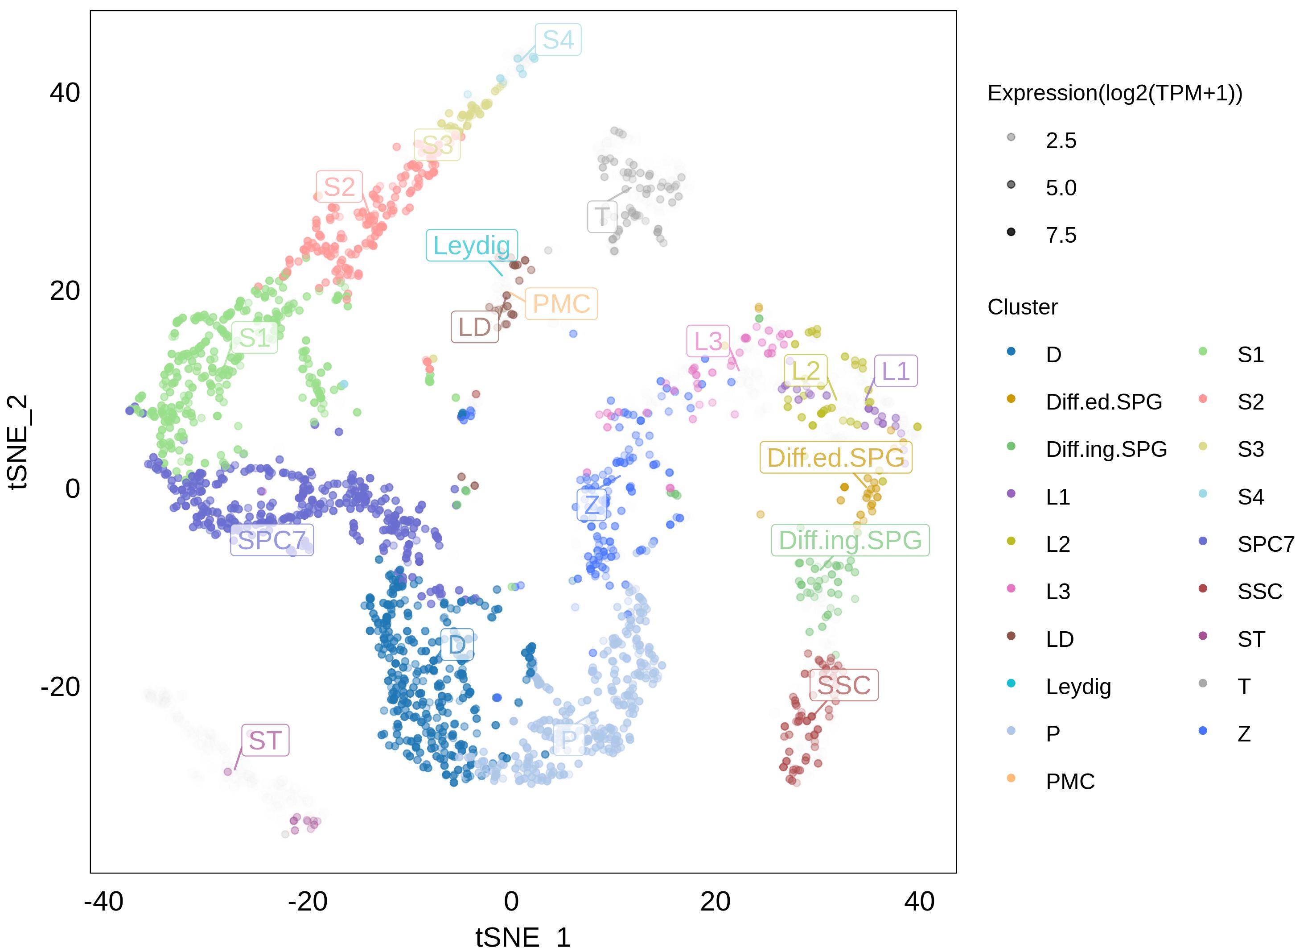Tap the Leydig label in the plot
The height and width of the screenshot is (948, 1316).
point(472,245)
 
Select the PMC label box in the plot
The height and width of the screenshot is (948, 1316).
point(561,304)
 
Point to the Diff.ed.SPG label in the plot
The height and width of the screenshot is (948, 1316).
point(835,457)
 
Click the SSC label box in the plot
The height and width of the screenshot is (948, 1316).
point(844,685)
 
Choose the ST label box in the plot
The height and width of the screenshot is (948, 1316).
point(265,741)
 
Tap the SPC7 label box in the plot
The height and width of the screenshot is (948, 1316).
point(271,540)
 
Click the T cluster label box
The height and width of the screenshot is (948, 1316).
point(602,216)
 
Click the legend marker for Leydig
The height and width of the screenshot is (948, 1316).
point(1011,683)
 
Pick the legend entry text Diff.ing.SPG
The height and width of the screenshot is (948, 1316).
point(1106,449)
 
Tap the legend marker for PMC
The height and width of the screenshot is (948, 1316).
point(1011,778)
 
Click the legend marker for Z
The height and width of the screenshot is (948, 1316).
point(1203,731)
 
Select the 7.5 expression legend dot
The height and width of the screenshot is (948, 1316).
point(1011,232)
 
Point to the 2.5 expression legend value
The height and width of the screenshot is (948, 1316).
point(1061,141)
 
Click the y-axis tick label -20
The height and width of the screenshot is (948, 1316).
point(60,687)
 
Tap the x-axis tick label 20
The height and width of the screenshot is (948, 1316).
point(715,902)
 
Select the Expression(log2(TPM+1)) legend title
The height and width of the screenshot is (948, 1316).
point(1114,94)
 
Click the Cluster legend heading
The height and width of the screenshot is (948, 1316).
point(1022,307)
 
